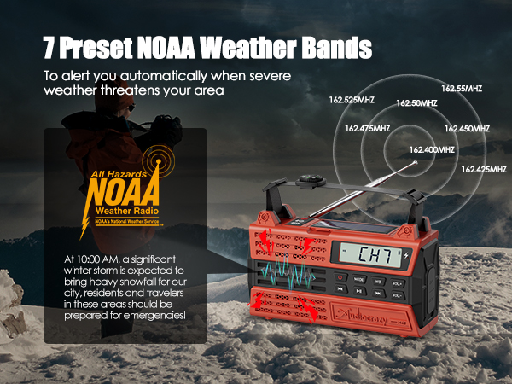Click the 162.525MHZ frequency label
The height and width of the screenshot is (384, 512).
pyautogui.click(x=352, y=100)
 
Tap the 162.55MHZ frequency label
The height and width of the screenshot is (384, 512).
pyautogui.click(x=462, y=88)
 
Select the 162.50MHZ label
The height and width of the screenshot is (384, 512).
pyautogui.click(x=416, y=103)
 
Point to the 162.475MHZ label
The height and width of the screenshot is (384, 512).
pyautogui.click(x=367, y=129)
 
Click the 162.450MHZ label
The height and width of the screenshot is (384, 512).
pyautogui.click(x=467, y=129)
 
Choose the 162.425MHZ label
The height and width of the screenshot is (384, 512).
pyautogui.click(x=483, y=169)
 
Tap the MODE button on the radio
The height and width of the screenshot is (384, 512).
pyautogui.click(x=359, y=278)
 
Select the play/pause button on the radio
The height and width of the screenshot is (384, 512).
pyautogui.click(x=379, y=290)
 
